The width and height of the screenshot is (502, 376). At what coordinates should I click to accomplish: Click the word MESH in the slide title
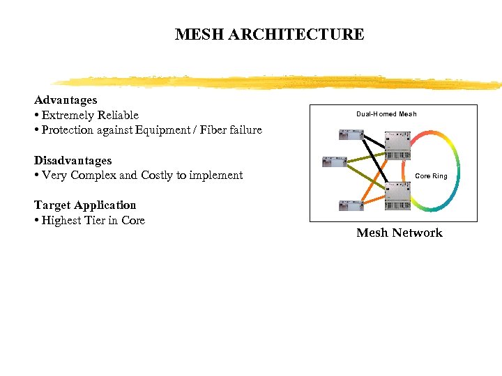click(197, 34)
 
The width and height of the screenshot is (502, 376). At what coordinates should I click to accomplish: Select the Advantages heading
click(66, 100)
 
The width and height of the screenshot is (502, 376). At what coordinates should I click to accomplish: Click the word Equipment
click(141, 130)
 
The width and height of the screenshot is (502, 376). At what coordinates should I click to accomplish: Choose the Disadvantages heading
click(73, 160)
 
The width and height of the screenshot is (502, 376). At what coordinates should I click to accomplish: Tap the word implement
click(216, 175)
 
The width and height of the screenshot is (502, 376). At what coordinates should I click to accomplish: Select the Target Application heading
click(85, 205)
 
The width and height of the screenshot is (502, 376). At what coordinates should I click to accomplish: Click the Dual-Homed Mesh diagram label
click(386, 114)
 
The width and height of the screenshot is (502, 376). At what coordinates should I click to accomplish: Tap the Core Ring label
click(431, 176)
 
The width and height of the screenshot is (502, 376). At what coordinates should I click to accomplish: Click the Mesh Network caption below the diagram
click(400, 233)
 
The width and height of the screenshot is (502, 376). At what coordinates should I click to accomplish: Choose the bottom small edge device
click(347, 205)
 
